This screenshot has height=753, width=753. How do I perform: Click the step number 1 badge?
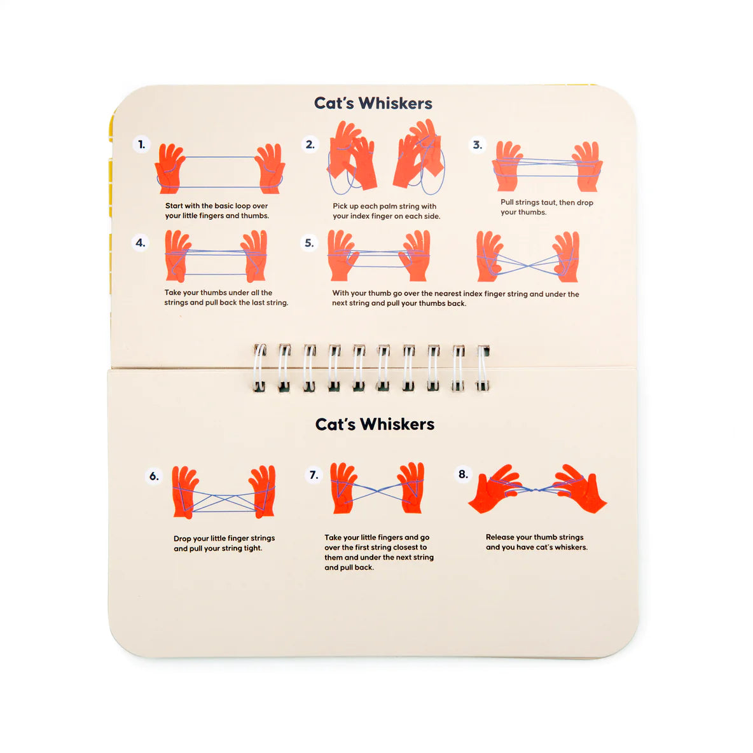click(142, 144)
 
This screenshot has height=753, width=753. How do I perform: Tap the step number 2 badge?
click(310, 144)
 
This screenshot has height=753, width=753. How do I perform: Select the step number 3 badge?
click(477, 145)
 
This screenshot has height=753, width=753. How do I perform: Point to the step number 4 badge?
click(141, 242)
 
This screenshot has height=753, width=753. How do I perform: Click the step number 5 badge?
click(309, 243)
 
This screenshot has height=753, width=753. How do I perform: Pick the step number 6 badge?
click(154, 476)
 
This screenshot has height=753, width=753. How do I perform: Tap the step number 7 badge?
click(314, 474)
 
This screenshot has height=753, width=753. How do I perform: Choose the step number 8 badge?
click(464, 474)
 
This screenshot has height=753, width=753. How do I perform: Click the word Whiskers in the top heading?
click(395, 103)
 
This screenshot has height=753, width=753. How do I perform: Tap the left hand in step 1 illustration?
click(170, 168)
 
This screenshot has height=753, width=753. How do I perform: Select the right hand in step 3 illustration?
click(586, 165)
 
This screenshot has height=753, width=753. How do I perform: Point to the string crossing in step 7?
click(377, 490)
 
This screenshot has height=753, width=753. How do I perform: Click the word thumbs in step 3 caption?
click(533, 212)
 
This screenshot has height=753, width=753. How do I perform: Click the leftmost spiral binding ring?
click(259, 368)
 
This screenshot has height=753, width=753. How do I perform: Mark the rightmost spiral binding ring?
click(483, 368)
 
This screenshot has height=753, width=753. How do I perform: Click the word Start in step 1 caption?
click(174, 206)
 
